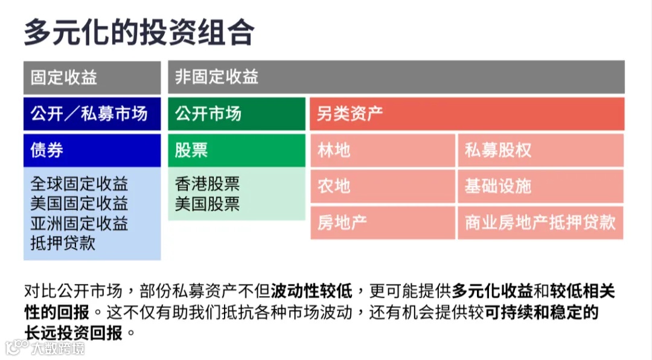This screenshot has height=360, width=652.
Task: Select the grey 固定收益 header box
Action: click(x=92, y=77)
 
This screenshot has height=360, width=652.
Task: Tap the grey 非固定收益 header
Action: click(x=396, y=77)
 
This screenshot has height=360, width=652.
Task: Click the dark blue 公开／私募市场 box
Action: click(x=92, y=114)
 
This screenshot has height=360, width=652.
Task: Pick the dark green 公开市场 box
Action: click(x=237, y=114)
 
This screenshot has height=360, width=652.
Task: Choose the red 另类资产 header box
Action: click(x=467, y=114)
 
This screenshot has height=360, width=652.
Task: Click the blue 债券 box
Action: click(x=92, y=150)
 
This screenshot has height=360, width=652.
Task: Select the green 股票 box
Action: click(x=237, y=150)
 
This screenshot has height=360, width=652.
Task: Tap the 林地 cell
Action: click(x=382, y=150)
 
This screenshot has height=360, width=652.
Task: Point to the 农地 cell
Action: click(x=382, y=186)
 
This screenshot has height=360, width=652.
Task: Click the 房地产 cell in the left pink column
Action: click(x=382, y=222)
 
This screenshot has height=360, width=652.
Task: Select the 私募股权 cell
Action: click(x=540, y=150)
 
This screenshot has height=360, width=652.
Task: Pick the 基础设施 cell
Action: click(x=540, y=186)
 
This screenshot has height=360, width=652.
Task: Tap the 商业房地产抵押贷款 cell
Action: click(x=540, y=222)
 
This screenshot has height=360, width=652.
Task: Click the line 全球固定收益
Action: click(x=79, y=184)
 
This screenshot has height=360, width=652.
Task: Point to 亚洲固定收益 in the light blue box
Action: click(x=79, y=223)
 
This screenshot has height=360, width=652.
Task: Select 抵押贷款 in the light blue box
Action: click(x=63, y=243)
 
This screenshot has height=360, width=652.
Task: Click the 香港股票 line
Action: click(x=207, y=184)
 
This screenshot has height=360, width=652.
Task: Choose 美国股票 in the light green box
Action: click(x=207, y=204)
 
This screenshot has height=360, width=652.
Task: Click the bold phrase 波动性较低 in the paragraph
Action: click(x=311, y=291)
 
